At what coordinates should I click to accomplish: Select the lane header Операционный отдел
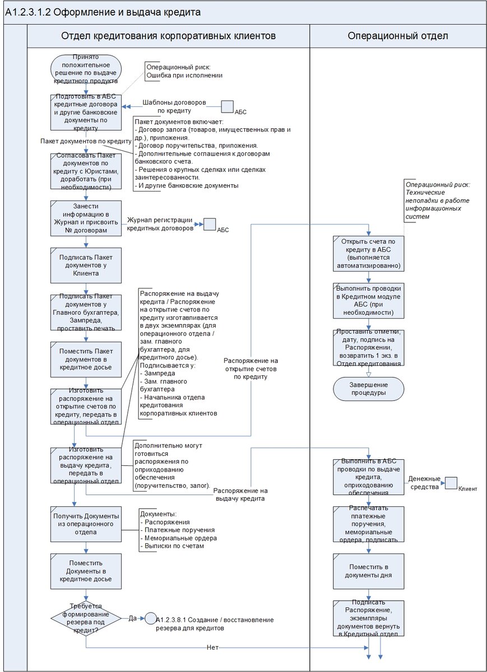tap(397, 36)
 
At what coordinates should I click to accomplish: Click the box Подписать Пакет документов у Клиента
tap(86, 265)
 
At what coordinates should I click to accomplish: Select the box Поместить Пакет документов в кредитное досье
tap(86, 359)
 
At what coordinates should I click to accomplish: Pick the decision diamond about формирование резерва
tap(86, 618)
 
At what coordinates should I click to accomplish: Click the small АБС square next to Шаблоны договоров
tap(228, 106)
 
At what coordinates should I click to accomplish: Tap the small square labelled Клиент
tap(451, 483)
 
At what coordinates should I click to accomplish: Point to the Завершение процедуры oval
tap(369, 389)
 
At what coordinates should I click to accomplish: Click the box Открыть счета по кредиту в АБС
tap(369, 254)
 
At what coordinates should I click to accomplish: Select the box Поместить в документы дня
tap(369, 571)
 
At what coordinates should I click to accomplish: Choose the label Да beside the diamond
tap(133, 618)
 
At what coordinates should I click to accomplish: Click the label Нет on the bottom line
tap(212, 647)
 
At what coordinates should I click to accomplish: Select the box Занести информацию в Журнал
tap(86, 218)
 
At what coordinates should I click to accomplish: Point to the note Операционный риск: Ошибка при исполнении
tap(184, 71)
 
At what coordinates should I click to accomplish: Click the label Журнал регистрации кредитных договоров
tap(160, 223)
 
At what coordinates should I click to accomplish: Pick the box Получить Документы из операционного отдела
tap(86, 524)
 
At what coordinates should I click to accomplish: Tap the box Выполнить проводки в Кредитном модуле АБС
tap(369, 300)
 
